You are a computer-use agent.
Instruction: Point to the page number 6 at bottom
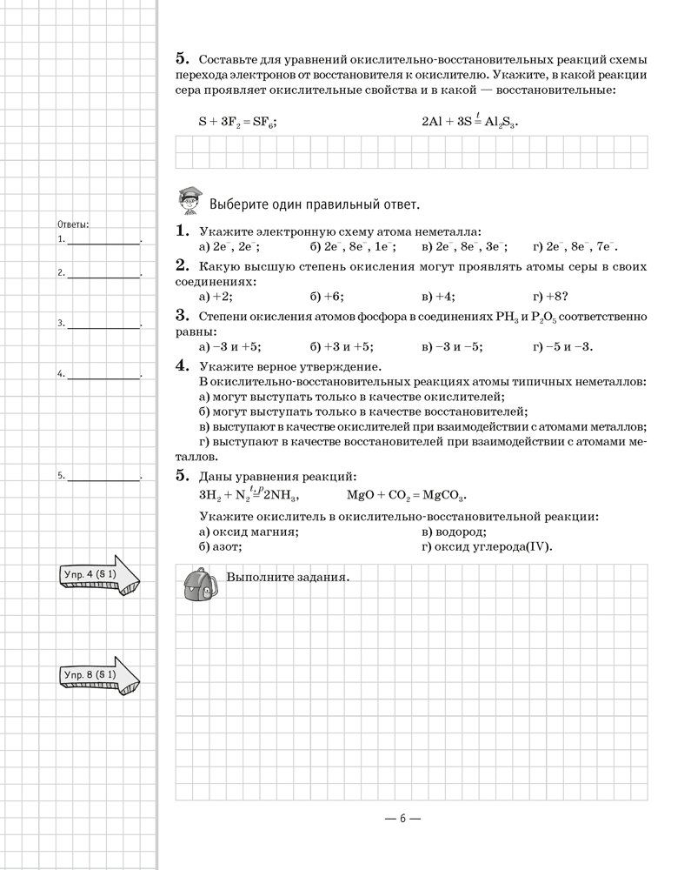pyautogui.click(x=403, y=818)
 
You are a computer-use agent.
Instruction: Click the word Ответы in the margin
pyautogui.click(x=72, y=224)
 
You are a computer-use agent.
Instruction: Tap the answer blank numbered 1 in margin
pyautogui.click(x=103, y=241)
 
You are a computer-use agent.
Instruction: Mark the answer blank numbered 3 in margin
pyautogui.click(x=103, y=325)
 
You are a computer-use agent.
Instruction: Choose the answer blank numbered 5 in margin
pyautogui.click(x=103, y=478)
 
